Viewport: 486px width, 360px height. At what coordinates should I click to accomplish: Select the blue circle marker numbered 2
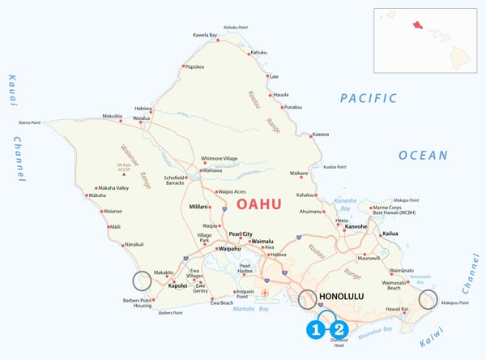[339, 329]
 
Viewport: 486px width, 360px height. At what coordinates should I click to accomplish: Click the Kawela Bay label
[206, 35]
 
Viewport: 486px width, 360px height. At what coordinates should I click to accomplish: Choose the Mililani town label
[199, 208]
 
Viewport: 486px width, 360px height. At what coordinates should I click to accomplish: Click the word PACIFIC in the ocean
[369, 98]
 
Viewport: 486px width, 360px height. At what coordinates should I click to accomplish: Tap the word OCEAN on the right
[423, 155]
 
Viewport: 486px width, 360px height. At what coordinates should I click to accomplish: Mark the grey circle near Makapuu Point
[428, 300]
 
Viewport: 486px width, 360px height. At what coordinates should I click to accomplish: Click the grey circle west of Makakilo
[142, 281]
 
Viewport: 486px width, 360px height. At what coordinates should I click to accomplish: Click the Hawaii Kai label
[396, 309]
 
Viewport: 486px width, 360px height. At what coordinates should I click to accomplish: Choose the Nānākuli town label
[136, 244]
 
